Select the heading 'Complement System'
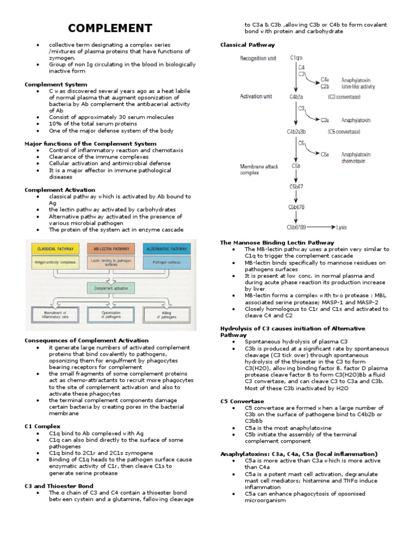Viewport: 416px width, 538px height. [56, 84]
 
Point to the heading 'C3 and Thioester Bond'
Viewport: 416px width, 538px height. [59, 486]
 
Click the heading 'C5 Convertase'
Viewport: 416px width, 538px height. [242, 401]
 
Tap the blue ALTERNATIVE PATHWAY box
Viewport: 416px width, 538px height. [166, 249]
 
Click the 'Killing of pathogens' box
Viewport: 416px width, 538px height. [166, 315]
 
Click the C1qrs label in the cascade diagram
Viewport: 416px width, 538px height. [297, 57]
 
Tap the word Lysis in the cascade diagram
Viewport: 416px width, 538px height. [342, 227]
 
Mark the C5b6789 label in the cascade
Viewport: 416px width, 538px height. [297, 227]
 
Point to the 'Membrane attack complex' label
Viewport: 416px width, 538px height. [259, 170]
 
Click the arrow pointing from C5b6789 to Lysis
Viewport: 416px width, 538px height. [322, 227]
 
